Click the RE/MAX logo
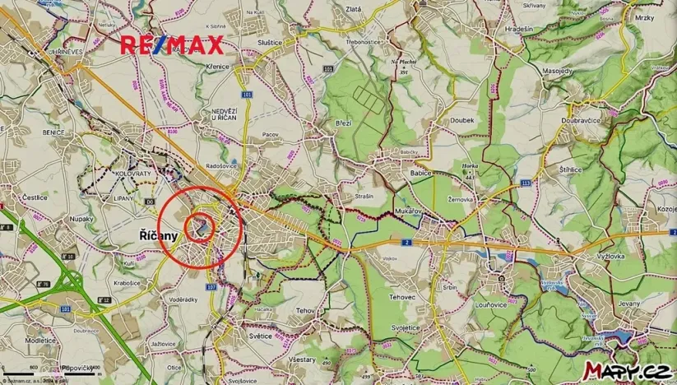click(171, 44)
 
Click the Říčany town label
click(154, 236)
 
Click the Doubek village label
click(462, 120)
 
